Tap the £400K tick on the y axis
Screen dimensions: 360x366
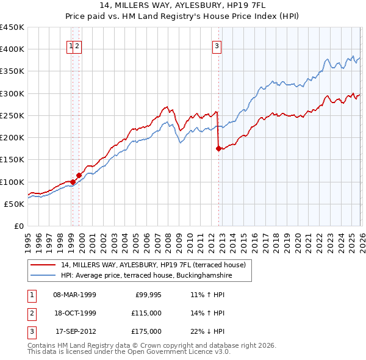(x=12, y=49)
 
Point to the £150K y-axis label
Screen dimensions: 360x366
(x=12, y=160)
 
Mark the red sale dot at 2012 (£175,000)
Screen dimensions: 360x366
(x=218, y=148)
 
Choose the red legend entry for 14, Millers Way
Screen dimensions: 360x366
(x=152, y=265)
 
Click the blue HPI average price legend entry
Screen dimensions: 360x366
(x=146, y=276)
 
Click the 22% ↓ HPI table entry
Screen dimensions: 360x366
(x=207, y=331)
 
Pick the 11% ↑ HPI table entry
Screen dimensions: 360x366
(x=207, y=295)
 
